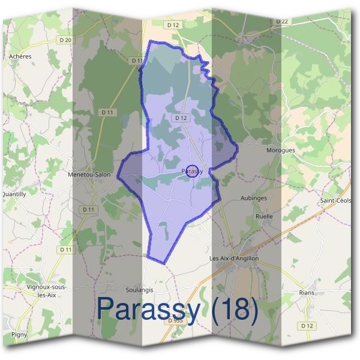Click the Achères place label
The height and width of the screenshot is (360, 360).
(20, 56)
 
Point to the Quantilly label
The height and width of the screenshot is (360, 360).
(13, 194)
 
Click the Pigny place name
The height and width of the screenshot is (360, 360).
(19, 335)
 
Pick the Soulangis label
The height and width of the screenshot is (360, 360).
(140, 289)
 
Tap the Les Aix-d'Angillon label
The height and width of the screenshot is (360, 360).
(233, 258)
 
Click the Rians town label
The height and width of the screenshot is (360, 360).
(306, 293)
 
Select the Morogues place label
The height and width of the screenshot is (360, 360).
(280, 150)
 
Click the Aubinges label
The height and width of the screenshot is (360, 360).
(253, 198)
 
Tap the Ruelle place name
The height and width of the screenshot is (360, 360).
(264, 216)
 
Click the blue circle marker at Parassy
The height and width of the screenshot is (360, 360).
(192, 172)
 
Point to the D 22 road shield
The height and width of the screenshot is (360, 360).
(282, 22)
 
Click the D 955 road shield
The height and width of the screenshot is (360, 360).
(175, 321)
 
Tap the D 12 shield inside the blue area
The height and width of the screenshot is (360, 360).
(181, 118)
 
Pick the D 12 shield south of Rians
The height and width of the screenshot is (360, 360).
(307, 325)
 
